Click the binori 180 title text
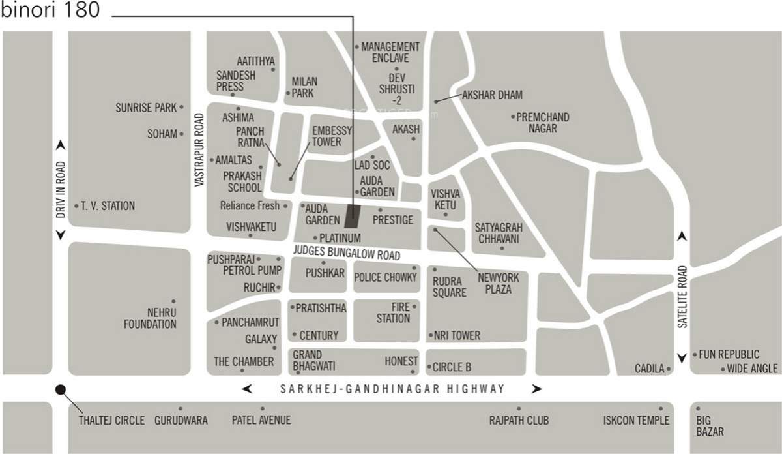[51, 12]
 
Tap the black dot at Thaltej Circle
[61, 389]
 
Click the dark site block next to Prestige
[353, 214]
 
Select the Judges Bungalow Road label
[346, 252]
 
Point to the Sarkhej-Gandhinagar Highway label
[392, 389]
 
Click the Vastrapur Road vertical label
[200, 151]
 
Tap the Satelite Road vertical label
[682, 296]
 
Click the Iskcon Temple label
[637, 421]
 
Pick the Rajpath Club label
[519, 421]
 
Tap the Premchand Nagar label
[543, 123]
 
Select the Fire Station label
[393, 312]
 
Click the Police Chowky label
[385, 277]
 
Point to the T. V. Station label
[108, 206]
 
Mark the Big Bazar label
[710, 426]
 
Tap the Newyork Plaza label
[499, 283]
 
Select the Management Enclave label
[391, 52]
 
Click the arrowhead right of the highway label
[536, 389]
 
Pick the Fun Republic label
[729, 355]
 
